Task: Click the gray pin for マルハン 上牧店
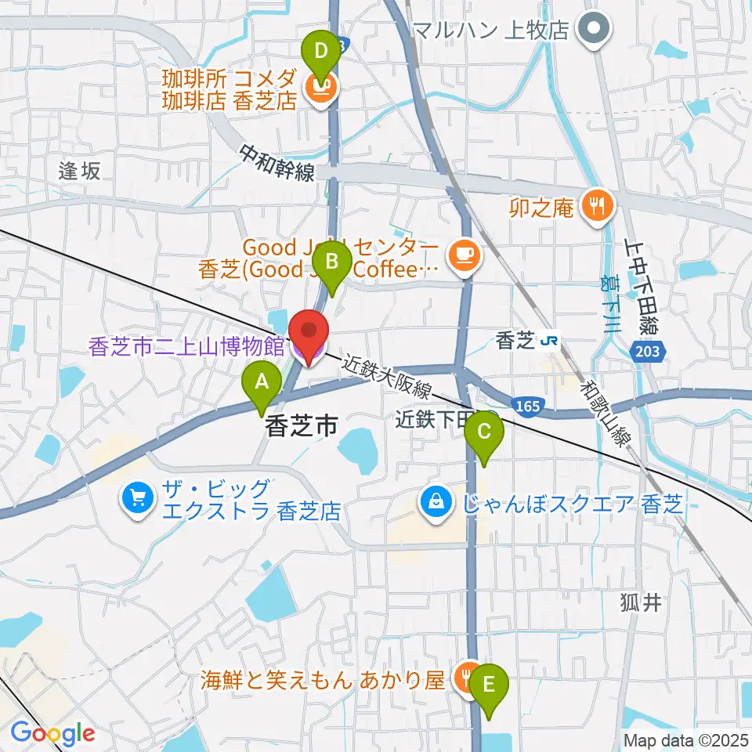[x=593, y=30]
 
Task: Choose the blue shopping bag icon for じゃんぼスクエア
[x=435, y=499]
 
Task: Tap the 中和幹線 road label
[x=277, y=161]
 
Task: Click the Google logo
[x=52, y=733]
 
